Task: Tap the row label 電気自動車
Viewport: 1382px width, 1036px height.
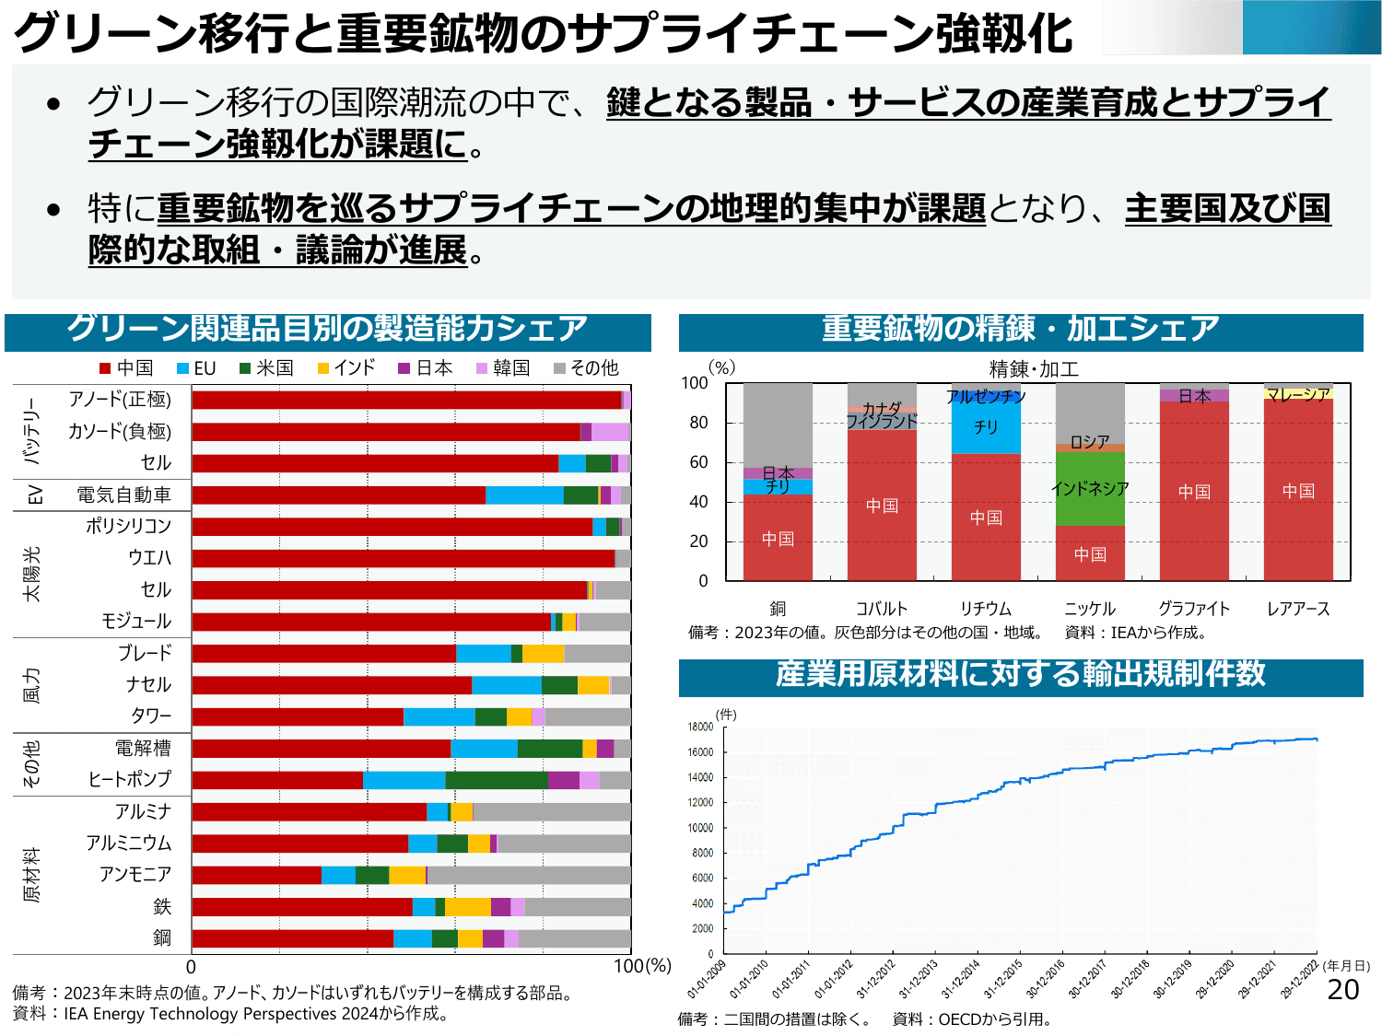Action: [x=123, y=495]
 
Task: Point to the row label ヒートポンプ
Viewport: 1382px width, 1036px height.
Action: [x=130, y=780]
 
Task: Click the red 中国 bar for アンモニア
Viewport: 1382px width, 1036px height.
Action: [x=256, y=875]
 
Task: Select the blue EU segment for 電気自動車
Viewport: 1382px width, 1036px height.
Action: [x=524, y=495]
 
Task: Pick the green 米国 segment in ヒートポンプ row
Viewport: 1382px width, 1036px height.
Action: [x=497, y=780]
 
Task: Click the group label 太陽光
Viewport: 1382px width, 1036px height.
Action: [x=32, y=574]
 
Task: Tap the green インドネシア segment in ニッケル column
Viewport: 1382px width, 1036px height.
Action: [x=1090, y=489]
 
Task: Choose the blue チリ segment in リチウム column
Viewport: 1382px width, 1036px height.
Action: [x=986, y=427]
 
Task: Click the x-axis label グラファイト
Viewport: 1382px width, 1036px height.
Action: [x=1194, y=609]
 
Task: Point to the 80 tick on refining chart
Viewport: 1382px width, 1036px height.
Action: [x=699, y=423]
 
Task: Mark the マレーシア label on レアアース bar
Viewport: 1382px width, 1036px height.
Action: [x=1298, y=394]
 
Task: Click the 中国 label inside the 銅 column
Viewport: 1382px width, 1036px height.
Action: [x=778, y=539]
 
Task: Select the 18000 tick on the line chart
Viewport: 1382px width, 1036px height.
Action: [x=700, y=727]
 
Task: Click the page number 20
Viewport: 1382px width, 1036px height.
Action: [x=1343, y=990]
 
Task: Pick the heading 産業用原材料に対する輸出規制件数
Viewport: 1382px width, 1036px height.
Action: [x=1021, y=674]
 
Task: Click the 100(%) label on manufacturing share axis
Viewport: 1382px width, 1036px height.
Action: [x=642, y=966]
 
